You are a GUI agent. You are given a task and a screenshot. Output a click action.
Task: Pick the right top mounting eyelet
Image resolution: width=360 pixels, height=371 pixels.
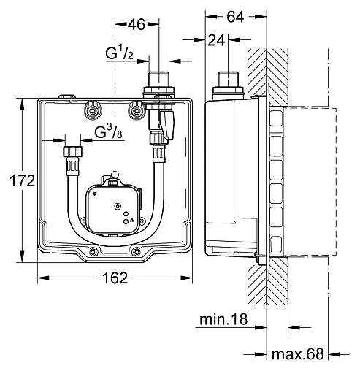coord(134,110)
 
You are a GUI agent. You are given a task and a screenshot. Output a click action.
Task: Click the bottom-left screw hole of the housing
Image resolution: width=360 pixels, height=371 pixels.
coord(93,253)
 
